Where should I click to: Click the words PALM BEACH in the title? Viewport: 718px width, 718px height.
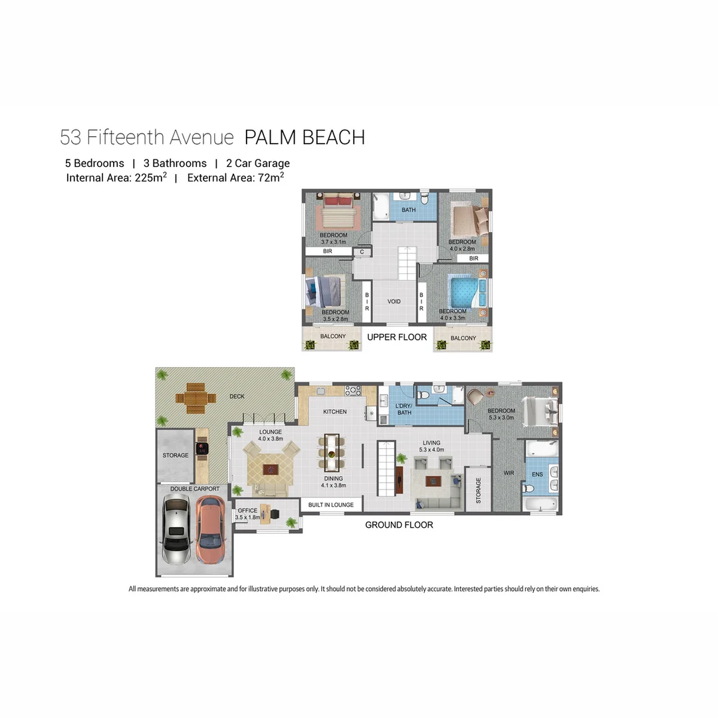(x=304, y=138)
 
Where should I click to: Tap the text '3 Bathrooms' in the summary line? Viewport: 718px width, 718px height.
(x=175, y=163)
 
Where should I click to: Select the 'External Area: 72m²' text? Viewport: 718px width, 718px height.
(x=235, y=178)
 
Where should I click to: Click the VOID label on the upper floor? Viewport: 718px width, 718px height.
(x=394, y=301)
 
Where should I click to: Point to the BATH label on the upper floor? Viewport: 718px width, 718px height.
(x=408, y=210)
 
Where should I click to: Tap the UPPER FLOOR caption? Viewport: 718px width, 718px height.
(x=397, y=337)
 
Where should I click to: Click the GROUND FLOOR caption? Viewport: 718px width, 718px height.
(x=399, y=525)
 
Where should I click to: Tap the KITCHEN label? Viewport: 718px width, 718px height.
(x=335, y=412)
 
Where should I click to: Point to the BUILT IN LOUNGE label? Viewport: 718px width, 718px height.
(x=331, y=505)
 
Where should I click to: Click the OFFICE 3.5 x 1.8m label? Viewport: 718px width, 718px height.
(x=247, y=514)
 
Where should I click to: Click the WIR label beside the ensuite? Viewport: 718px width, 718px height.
(x=509, y=473)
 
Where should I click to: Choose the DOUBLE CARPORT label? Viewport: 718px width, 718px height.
(x=194, y=489)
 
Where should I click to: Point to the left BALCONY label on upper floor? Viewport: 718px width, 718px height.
(x=332, y=336)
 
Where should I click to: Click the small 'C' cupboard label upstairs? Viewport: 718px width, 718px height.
(x=362, y=252)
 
